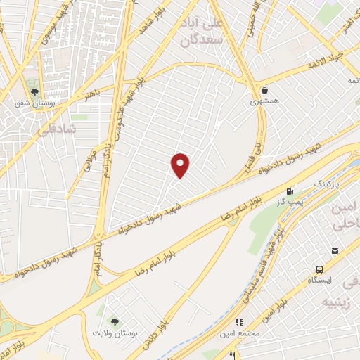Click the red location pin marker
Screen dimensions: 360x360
181,165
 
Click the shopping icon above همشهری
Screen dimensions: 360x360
264,90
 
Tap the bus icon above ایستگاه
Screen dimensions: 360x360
320,269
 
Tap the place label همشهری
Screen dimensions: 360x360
264,102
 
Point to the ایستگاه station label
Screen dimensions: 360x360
322,279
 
